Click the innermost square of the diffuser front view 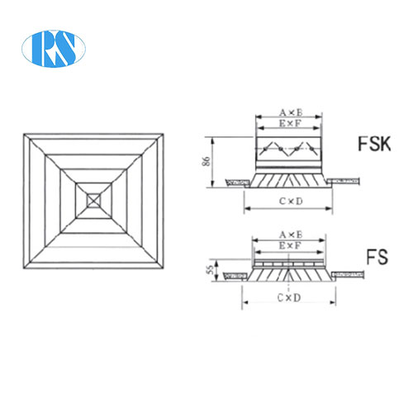92,199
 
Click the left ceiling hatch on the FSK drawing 236,178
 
